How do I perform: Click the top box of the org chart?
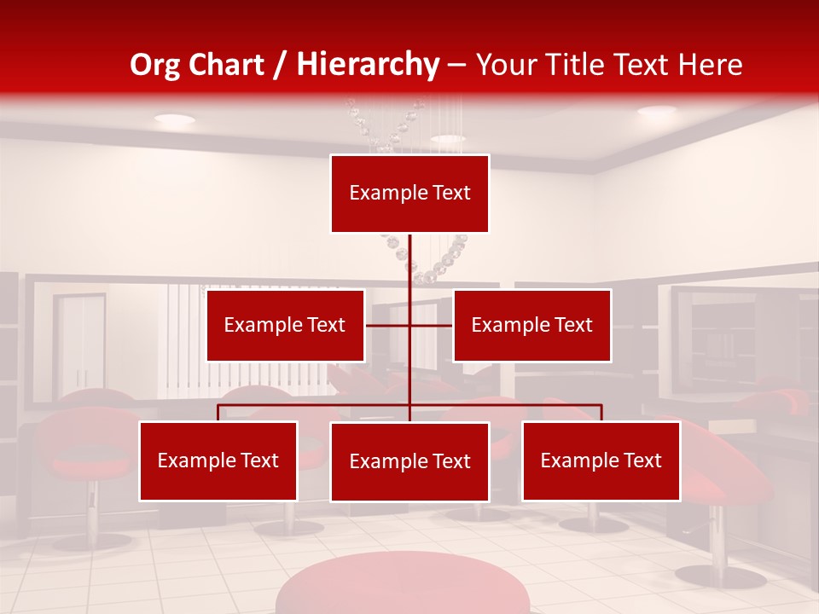tap(409, 194)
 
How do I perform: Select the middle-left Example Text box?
tap(285, 325)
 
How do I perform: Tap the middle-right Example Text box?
tap(531, 325)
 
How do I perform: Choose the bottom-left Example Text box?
tap(218, 460)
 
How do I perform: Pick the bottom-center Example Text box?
tap(409, 461)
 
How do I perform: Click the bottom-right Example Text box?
tap(601, 460)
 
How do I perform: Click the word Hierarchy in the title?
tap(368, 65)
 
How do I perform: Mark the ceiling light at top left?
tap(174, 119)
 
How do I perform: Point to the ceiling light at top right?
tap(656, 111)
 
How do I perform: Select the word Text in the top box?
tap(450, 194)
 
